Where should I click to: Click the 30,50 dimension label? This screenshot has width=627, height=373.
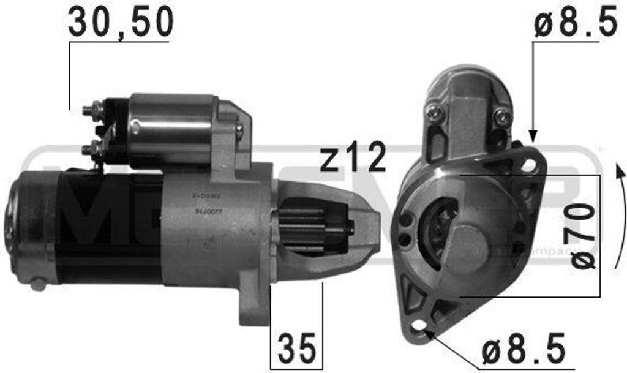point(121,23)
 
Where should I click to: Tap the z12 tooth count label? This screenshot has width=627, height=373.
point(353,158)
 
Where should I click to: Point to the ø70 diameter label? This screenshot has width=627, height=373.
point(584,236)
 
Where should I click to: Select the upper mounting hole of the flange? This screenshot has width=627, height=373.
point(527,164)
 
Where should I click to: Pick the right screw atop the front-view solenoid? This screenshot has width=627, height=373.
point(502,115)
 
